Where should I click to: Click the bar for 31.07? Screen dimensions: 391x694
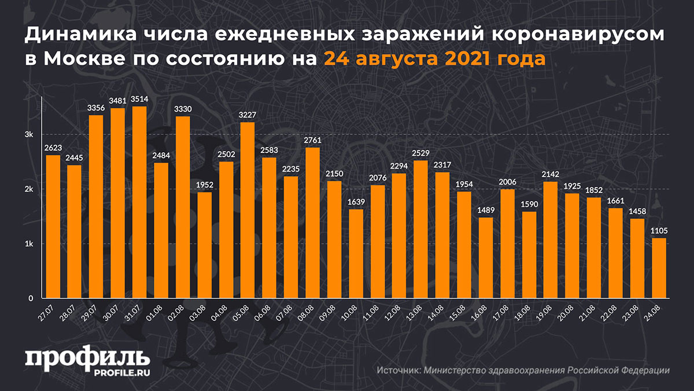(x=139, y=202)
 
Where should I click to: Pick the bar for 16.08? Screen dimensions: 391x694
(x=486, y=257)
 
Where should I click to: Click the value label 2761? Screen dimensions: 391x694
(x=312, y=140)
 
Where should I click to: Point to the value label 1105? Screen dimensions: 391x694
(x=659, y=231)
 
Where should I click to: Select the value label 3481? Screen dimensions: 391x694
(x=117, y=101)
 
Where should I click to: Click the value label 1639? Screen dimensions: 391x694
(x=356, y=202)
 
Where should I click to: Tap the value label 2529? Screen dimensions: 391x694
(x=420, y=153)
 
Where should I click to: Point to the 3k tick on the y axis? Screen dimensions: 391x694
(x=29, y=134)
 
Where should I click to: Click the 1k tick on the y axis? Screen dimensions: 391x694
(x=29, y=244)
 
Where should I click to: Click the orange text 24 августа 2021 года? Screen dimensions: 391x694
(x=434, y=59)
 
